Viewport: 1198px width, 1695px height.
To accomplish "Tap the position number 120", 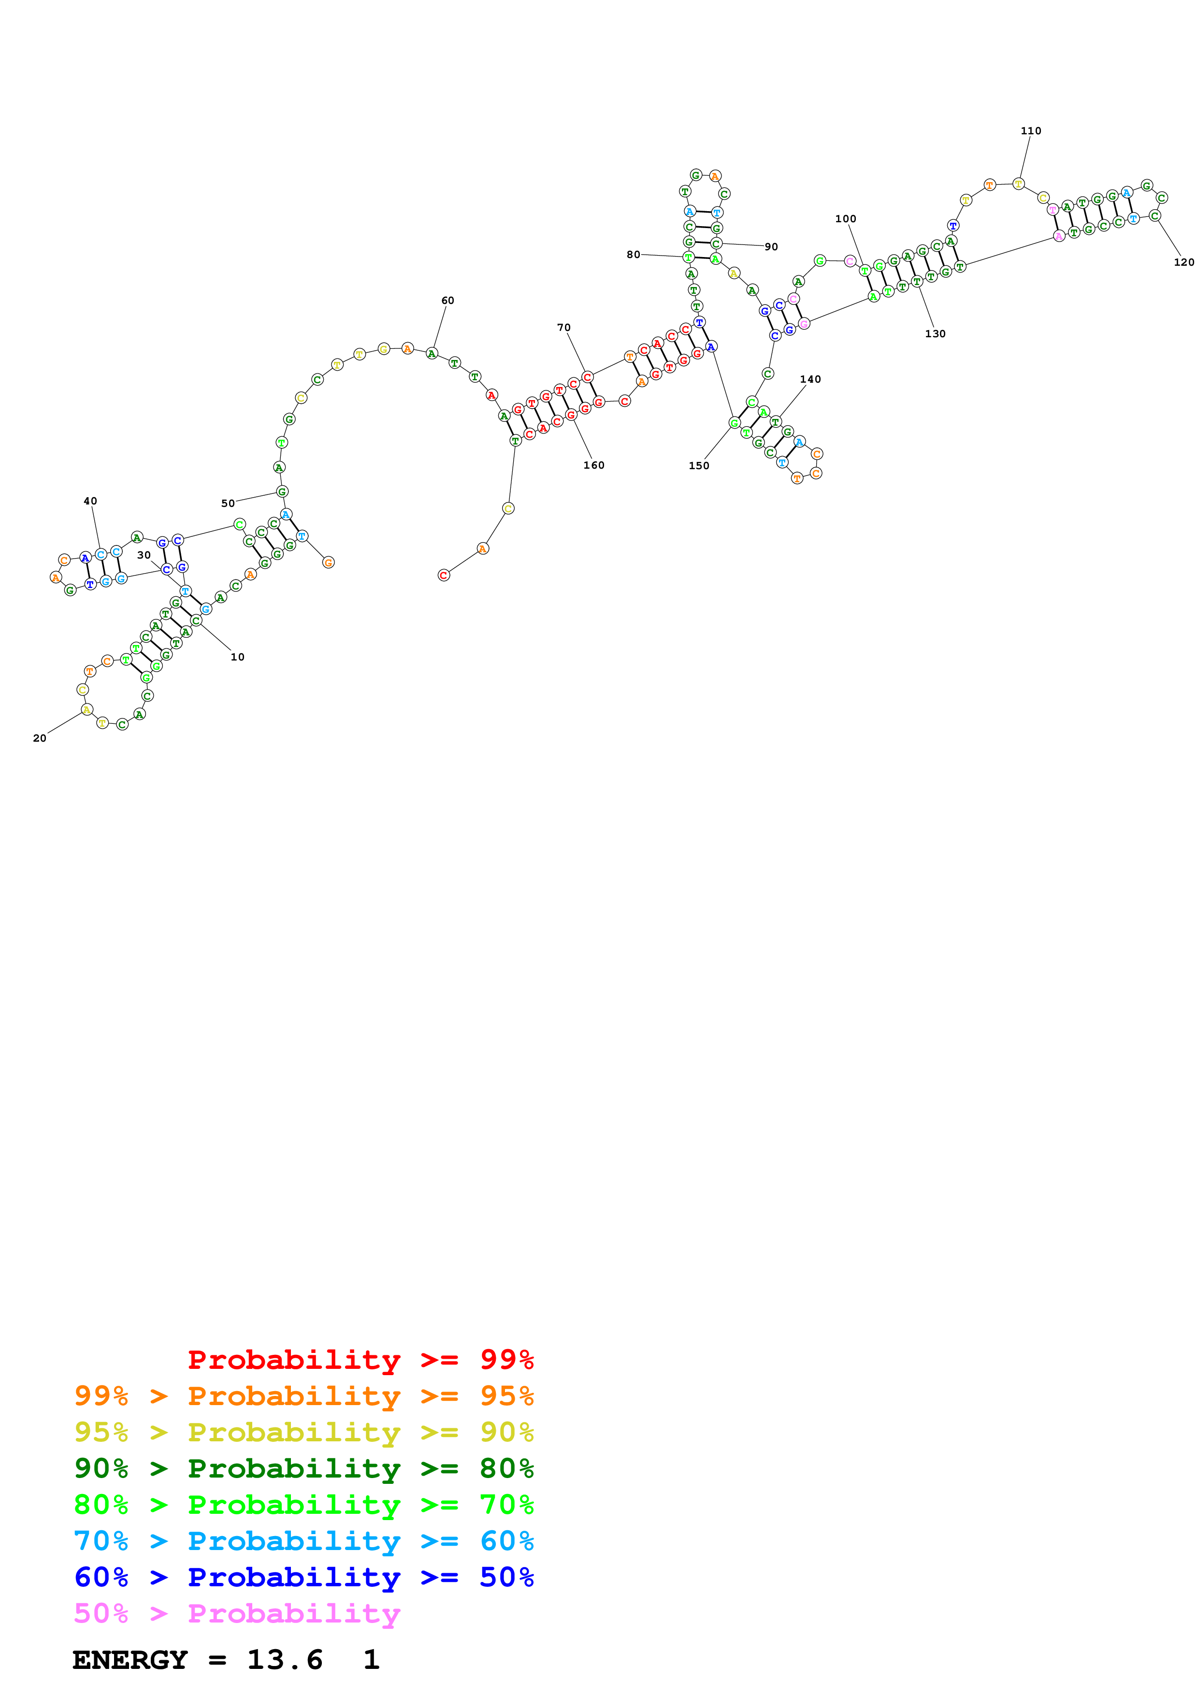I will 1183,262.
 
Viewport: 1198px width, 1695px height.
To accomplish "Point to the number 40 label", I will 90,501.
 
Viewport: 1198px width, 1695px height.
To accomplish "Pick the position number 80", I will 634,255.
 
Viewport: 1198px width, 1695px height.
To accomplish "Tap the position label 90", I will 771,246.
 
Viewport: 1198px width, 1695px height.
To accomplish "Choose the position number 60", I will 447,301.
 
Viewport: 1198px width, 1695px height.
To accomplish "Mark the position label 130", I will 935,334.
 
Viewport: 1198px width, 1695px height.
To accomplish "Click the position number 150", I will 698,466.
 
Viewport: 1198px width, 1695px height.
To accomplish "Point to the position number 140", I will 810,379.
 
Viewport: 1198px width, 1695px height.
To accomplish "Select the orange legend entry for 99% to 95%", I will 303,1396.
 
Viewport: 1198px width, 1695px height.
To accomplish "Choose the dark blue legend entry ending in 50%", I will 303,1577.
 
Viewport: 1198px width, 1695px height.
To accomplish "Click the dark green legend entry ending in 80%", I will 303,1468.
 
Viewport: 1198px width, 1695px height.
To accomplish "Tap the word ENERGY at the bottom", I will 130,1660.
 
